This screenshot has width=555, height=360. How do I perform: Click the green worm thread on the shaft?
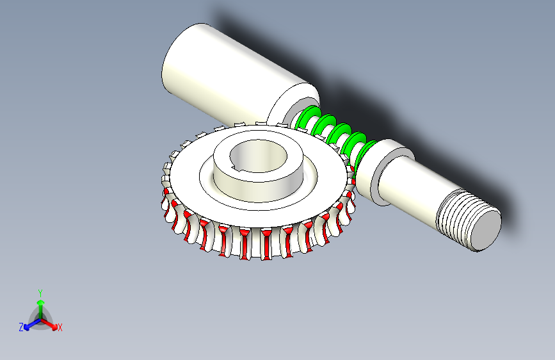click(333, 131)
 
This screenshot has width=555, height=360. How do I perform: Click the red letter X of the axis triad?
click(60, 327)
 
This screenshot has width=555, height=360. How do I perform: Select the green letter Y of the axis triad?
click(40, 292)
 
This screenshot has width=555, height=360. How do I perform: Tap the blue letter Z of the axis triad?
click(21, 327)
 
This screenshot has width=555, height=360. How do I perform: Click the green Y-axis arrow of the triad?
click(40, 304)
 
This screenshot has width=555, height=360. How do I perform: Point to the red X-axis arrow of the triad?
click(51, 323)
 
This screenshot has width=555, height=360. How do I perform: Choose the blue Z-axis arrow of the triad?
click(29, 323)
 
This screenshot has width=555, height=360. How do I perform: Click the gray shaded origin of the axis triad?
click(40, 317)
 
